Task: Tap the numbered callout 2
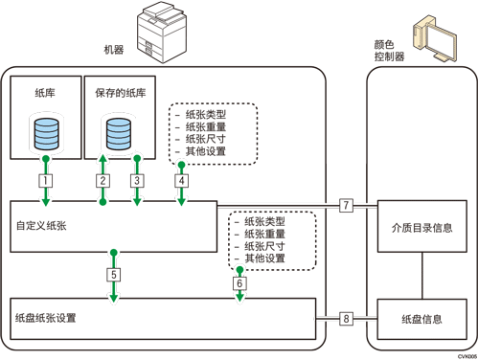click(102, 179)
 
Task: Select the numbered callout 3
click(138, 179)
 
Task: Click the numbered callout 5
click(113, 275)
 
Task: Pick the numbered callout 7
click(347, 205)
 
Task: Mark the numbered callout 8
click(347, 318)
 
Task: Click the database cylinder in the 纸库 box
click(43, 134)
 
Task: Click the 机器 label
click(113, 49)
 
